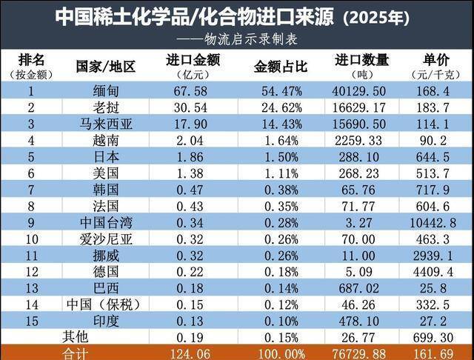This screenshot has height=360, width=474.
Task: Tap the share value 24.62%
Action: [273, 108]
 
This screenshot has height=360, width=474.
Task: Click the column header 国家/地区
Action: [105, 67]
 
